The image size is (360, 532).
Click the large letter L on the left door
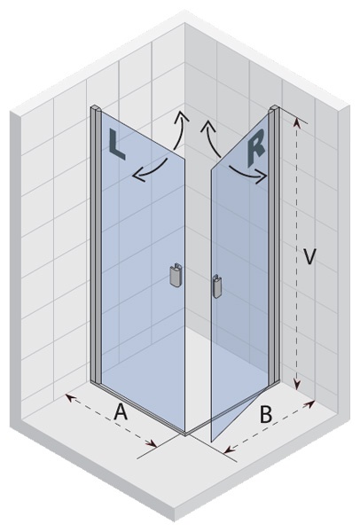coord(116,146)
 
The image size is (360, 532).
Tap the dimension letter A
coord(121,412)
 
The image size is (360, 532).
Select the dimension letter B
coord(266,414)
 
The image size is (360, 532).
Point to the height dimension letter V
coord(309,256)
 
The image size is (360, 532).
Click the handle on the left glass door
coord(176,275)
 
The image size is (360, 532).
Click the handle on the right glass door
coord(216,286)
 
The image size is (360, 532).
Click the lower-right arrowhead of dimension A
coord(153,444)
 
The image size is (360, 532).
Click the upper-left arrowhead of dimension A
coord(69,397)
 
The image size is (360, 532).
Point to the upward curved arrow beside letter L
coord(181,129)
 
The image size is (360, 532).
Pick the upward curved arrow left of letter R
coord(211,137)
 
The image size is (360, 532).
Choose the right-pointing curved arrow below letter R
coord(248,173)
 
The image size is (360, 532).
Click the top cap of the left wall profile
coord(96,109)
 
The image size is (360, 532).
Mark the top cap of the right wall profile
coord(274,108)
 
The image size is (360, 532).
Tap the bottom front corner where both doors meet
coord(185,434)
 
